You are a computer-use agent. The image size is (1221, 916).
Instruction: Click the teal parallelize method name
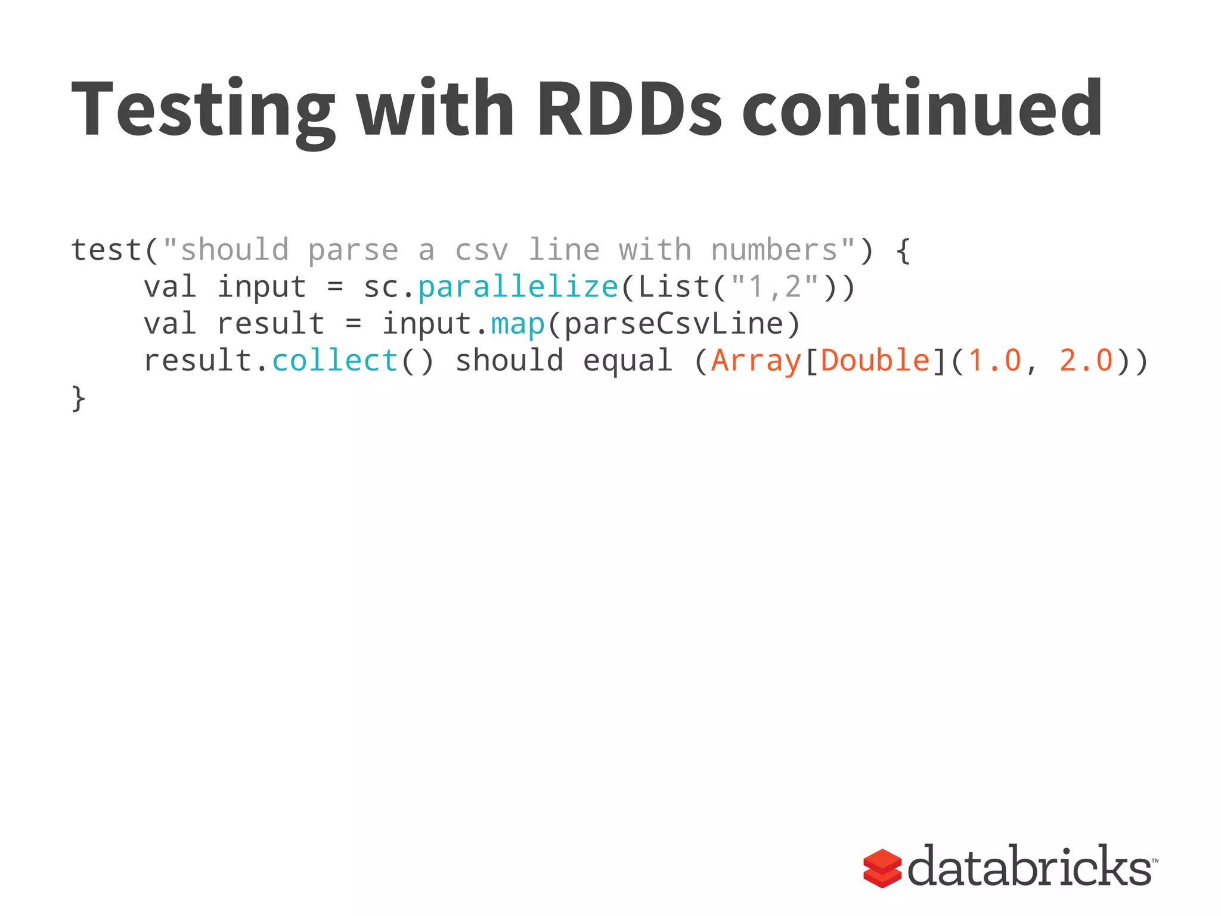pyautogui.click(x=518, y=287)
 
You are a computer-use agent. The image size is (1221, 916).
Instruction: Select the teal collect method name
pyautogui.click(x=335, y=361)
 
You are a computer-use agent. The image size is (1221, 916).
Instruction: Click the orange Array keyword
pyautogui.click(x=756, y=361)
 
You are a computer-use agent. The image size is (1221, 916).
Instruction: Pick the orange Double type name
pyautogui.click(x=875, y=361)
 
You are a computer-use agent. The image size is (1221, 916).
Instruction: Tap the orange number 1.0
pyautogui.click(x=994, y=361)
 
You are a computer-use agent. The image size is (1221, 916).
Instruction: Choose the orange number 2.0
pyautogui.click(x=1086, y=361)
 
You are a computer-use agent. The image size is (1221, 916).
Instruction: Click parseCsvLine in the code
pyautogui.click(x=673, y=324)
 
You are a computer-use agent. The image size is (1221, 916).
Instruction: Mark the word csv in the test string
pyautogui.click(x=482, y=250)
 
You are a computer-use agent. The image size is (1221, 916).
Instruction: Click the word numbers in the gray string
pyautogui.click(x=774, y=250)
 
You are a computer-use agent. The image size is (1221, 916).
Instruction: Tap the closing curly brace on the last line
pyautogui.click(x=78, y=398)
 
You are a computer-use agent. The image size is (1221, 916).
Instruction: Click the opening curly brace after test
pyautogui.click(x=903, y=250)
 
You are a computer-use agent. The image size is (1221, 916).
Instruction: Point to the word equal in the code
pyautogui.click(x=627, y=361)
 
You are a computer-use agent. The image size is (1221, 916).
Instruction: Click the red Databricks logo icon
pyautogui.click(x=882, y=868)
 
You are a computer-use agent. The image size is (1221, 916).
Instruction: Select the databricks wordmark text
pyautogui.click(x=1030, y=866)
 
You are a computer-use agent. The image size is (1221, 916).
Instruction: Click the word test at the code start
pyautogui.click(x=106, y=250)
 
